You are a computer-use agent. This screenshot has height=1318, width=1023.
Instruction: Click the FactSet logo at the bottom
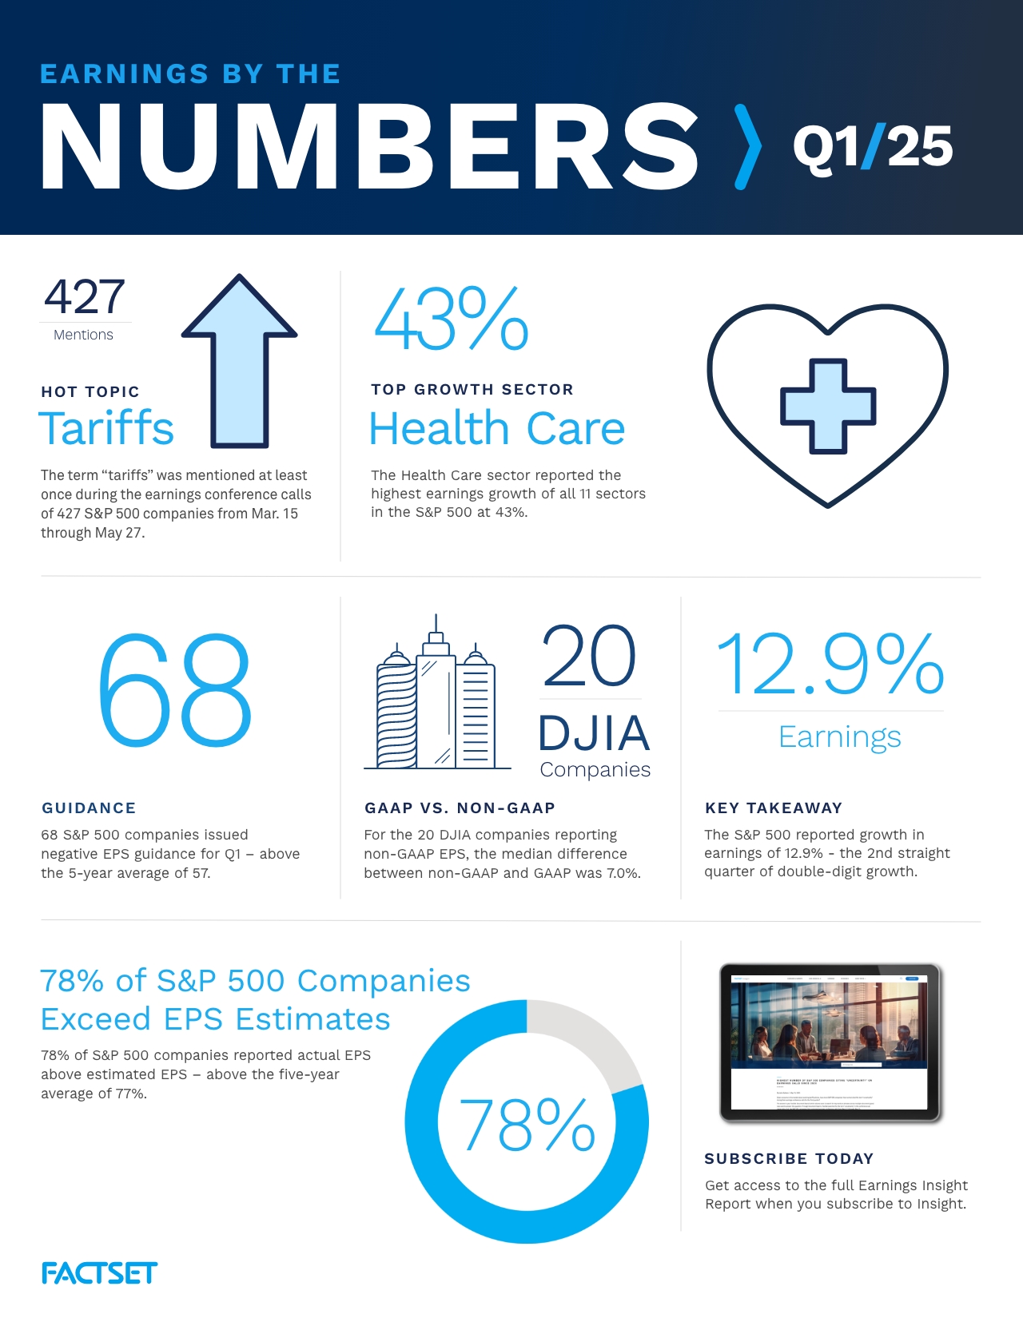[99, 1272]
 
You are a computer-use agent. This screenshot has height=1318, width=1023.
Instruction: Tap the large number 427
[85, 297]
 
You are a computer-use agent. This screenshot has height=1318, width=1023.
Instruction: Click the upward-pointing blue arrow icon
[239, 359]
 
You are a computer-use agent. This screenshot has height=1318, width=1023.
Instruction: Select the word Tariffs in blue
[106, 428]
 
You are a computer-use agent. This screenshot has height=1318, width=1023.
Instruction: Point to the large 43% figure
[451, 320]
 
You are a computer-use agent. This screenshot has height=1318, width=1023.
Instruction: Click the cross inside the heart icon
[828, 406]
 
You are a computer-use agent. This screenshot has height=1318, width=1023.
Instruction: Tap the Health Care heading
[496, 429]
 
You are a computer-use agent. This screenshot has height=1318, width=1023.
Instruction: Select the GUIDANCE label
[89, 808]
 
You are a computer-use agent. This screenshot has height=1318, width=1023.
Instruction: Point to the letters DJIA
[594, 733]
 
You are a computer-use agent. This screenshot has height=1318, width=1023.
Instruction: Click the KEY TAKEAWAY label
[773, 808]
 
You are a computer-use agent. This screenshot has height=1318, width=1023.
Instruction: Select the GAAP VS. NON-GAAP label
[460, 808]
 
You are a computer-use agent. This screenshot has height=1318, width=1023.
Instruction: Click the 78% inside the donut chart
[527, 1125]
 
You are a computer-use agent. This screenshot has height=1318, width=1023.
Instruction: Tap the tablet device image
[830, 1042]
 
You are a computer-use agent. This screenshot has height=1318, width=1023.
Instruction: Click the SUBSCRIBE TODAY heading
[789, 1158]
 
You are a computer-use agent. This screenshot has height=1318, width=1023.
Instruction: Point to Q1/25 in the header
[872, 147]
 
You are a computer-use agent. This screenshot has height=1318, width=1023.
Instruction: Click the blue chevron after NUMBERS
[747, 147]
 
